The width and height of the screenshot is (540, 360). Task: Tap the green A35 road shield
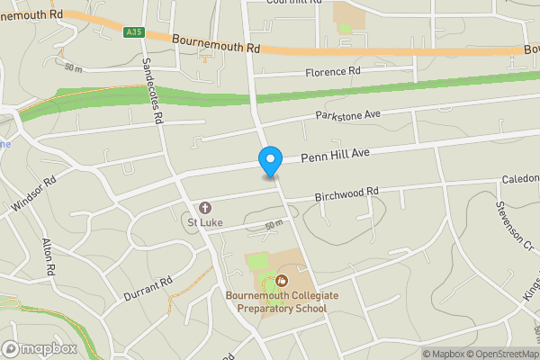[134, 32]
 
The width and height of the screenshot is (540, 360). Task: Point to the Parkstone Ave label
[348, 116]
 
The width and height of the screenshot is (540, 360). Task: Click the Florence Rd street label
[332, 71]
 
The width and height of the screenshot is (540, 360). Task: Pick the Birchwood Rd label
[347, 193]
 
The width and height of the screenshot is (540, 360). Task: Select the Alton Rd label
[49, 257]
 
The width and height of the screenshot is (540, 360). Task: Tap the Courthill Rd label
[293, 3]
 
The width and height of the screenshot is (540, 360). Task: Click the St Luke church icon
[204, 208]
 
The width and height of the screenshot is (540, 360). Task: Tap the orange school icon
[282, 281]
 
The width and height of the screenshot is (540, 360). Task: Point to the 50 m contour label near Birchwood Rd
[274, 225]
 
